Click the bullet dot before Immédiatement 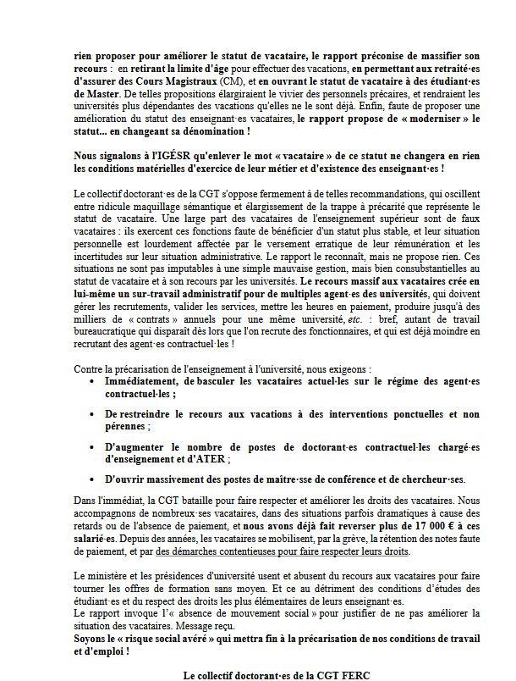(x=91, y=383)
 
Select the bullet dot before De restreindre (x=91, y=414)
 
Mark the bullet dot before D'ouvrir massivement (x=91, y=480)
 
